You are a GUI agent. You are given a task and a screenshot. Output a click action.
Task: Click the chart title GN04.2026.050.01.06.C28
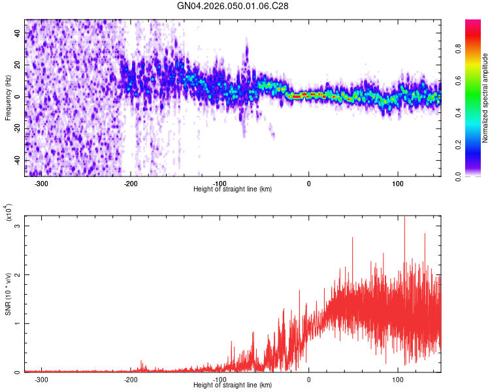pos(233,6)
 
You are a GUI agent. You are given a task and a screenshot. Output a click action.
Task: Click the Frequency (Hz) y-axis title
pos(8,98)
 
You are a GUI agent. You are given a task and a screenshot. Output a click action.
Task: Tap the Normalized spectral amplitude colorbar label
pos(485,98)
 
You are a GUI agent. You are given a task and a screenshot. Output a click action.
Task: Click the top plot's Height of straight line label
pos(233,189)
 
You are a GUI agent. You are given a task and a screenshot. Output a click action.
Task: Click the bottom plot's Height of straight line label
pos(233,385)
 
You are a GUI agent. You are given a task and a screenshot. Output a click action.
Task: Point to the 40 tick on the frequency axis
pos(18,33)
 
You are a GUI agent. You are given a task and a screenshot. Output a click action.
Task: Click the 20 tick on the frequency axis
pos(18,65)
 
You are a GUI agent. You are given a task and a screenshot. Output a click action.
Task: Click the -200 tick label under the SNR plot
pos(131,379)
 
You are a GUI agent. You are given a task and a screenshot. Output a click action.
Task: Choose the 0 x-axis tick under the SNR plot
pos(309,379)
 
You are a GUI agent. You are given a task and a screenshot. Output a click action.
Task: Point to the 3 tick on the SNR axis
pos(20,226)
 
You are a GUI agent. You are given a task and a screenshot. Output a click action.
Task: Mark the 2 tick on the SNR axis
pos(20,275)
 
